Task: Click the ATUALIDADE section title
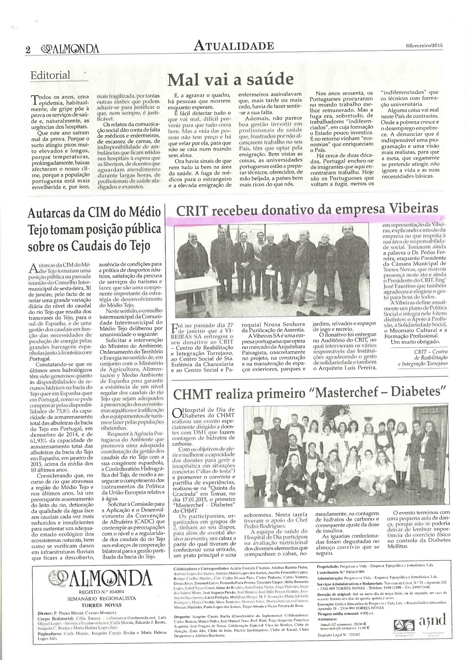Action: point(233,46)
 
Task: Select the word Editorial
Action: point(50,75)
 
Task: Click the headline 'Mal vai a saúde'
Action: point(230,79)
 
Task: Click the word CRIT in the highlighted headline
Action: point(192,210)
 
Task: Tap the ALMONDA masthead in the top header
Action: point(70,49)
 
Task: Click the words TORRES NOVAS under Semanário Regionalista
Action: point(96,605)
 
